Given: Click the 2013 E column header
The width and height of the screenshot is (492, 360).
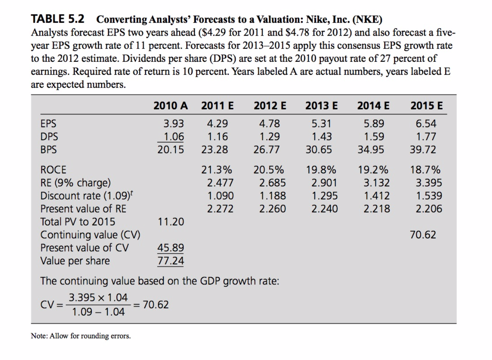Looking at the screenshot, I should [x=321, y=106].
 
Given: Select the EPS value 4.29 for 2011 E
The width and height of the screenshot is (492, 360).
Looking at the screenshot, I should [x=217, y=124].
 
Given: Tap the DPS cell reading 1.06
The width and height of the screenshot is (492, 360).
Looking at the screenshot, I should [x=174, y=137].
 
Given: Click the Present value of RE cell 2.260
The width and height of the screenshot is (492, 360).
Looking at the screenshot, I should [x=272, y=209].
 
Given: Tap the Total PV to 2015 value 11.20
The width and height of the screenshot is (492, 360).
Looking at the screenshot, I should [x=171, y=222].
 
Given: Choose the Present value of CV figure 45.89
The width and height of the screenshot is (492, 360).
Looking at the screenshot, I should [x=171, y=248].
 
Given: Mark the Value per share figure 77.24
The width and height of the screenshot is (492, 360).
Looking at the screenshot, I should [x=171, y=261].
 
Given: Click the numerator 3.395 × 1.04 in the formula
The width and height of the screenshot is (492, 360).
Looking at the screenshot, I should [x=98, y=297].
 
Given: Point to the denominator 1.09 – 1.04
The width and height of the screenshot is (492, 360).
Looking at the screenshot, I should [x=98, y=311].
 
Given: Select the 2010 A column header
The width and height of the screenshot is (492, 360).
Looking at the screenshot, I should [x=171, y=106].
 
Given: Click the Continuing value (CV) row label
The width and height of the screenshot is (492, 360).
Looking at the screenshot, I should [x=91, y=235].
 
